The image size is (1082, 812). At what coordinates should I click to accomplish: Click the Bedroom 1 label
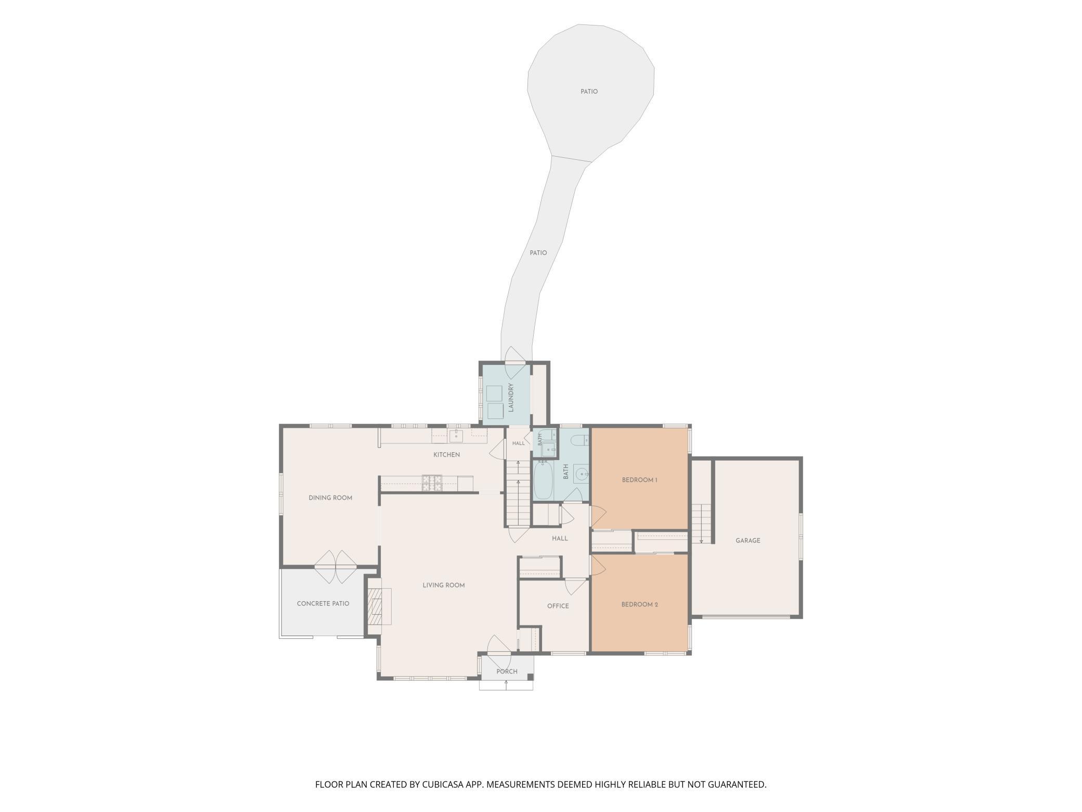click(639, 480)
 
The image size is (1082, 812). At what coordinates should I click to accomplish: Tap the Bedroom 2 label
click(639, 605)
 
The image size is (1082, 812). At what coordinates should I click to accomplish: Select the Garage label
click(748, 541)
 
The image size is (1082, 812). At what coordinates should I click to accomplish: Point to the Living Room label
click(443, 586)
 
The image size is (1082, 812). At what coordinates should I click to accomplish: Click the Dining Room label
click(330, 498)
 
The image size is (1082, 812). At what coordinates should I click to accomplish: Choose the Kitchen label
click(446, 455)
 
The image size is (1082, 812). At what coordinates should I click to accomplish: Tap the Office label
click(558, 606)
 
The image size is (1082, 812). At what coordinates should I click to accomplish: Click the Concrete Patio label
click(323, 604)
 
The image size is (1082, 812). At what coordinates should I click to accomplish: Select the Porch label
click(507, 671)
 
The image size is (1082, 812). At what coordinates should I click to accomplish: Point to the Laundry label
click(511, 398)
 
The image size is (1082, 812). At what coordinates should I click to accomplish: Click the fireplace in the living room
click(379, 606)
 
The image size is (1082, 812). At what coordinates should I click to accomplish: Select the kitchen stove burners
click(432, 483)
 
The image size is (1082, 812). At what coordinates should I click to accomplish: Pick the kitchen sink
click(456, 436)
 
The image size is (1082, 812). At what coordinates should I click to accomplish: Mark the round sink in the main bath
click(582, 474)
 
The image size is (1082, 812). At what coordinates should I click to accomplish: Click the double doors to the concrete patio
click(336, 566)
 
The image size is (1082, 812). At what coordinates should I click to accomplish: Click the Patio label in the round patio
click(589, 92)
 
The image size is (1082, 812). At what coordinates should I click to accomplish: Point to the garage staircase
click(701, 524)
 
